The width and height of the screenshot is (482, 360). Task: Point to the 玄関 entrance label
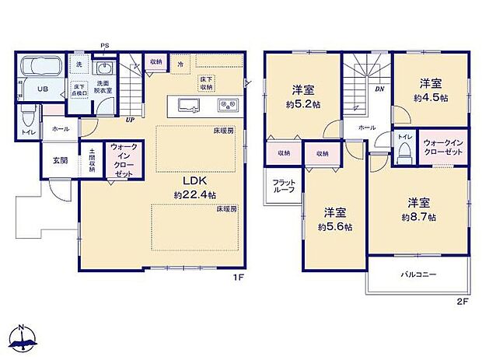pos(60,160)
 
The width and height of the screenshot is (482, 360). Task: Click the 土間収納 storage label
pos(92,159)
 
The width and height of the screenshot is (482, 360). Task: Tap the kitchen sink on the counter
pos(185,105)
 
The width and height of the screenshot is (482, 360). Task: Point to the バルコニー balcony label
pos(418,274)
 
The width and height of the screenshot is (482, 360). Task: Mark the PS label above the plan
pos(103,45)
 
